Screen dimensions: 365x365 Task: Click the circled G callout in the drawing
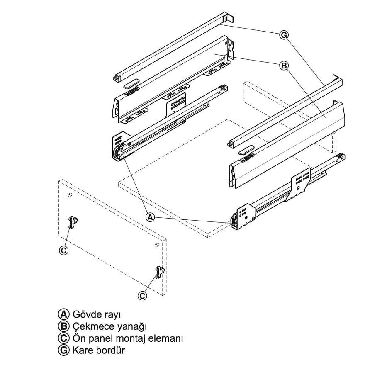coord(284,35)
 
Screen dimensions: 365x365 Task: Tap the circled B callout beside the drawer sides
coord(284,65)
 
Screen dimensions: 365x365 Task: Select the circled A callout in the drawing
coord(150,217)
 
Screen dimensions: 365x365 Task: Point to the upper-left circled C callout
coord(63,250)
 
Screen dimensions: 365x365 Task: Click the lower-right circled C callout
coord(142,295)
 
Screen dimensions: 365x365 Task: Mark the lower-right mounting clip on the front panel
coord(159,271)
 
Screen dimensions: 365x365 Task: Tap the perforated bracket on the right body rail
coord(301,182)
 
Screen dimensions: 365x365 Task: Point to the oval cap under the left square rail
coord(130,83)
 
